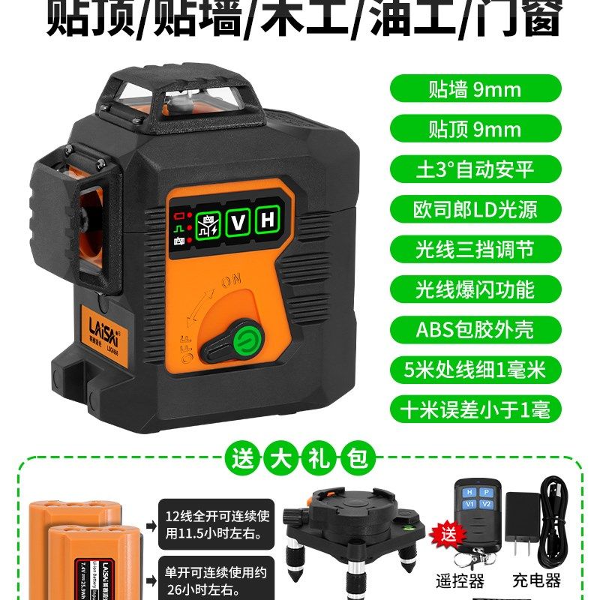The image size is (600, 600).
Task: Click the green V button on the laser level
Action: [238, 223]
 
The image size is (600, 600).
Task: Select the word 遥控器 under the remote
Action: [460, 581]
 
